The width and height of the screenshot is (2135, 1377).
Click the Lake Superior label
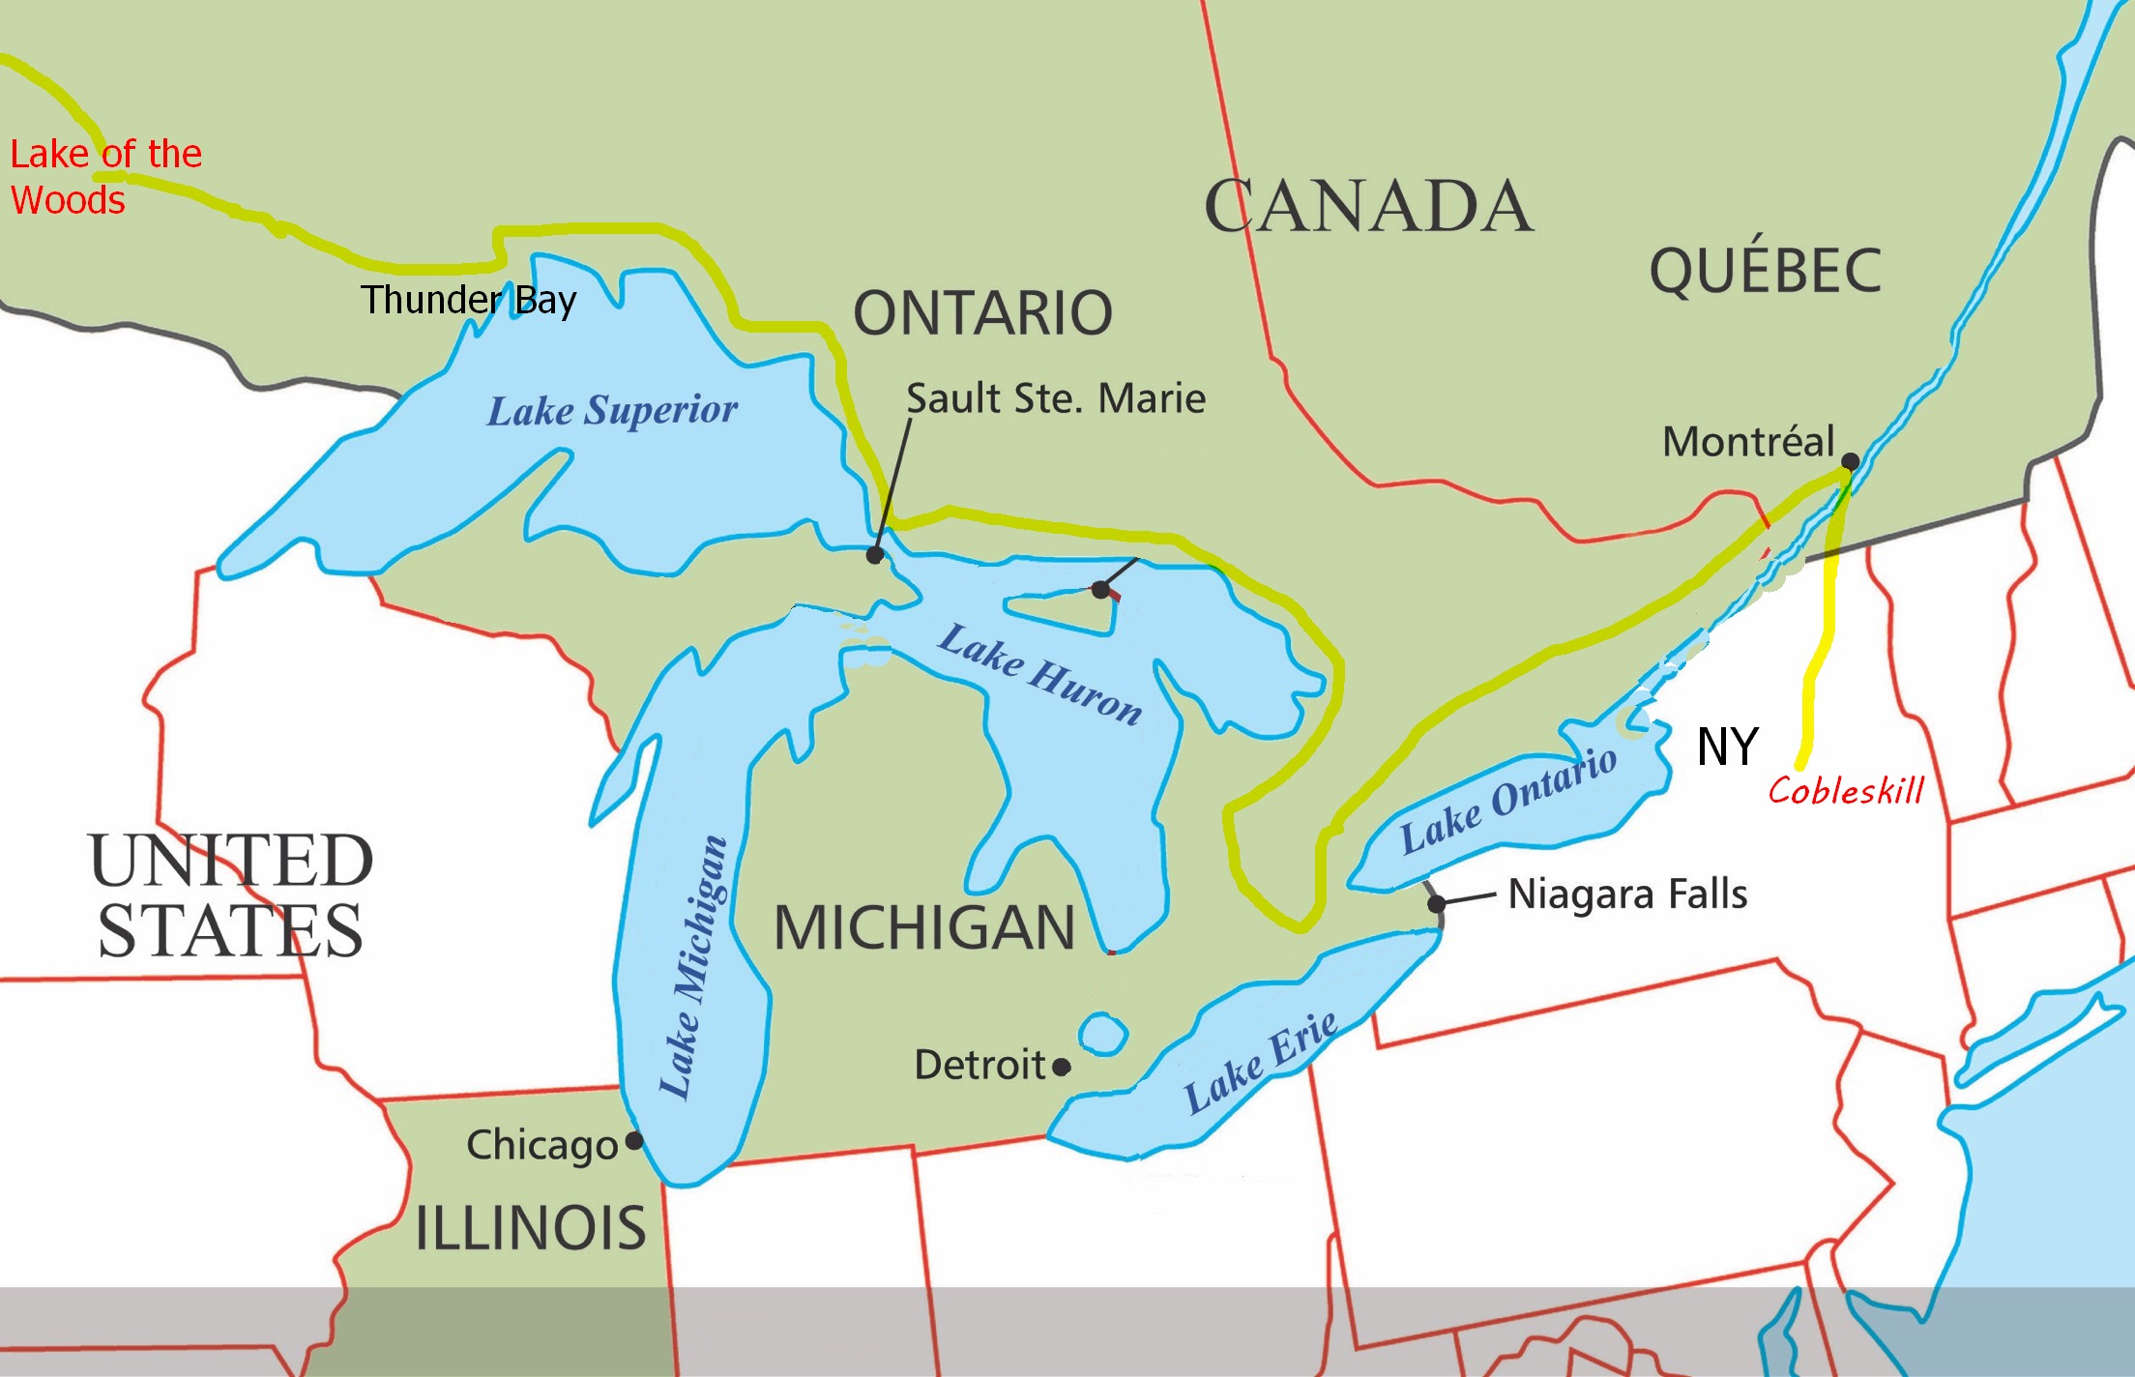point(611,410)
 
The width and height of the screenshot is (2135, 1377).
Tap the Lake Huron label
point(1040,674)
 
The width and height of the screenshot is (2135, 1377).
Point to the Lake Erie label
point(1261,1062)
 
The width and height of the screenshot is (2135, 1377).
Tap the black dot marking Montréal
point(1850,461)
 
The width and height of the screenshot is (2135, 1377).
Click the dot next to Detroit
point(1062,1067)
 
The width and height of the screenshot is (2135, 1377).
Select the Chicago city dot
point(634,1141)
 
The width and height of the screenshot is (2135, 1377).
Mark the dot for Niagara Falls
point(1437,903)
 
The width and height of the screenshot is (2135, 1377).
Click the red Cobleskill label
point(1845,791)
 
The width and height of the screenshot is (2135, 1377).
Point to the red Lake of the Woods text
point(104,177)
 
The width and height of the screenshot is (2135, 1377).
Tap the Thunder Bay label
point(468,300)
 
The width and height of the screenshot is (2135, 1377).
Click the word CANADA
point(1368,207)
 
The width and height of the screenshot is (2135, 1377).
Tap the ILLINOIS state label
point(530,1228)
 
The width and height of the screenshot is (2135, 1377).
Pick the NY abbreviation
point(1727,747)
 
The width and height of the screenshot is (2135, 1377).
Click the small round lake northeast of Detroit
point(1102,1034)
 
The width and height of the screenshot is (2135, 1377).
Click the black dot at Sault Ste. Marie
point(875,555)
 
